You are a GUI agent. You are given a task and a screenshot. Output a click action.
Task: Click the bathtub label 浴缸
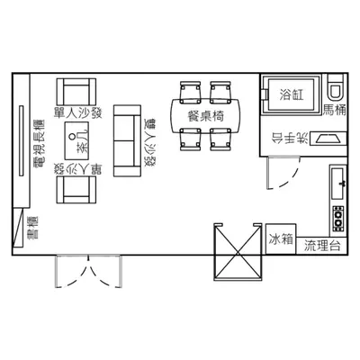pyautogui.click(x=292, y=94)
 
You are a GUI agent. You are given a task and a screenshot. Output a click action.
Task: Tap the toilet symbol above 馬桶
pyautogui.click(x=337, y=87)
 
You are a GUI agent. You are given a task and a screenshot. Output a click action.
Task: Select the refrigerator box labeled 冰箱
pyautogui.click(x=281, y=239)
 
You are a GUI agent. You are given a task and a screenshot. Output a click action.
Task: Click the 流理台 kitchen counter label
pyautogui.click(x=322, y=246)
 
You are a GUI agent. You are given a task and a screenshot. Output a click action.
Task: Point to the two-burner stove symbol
pyautogui.click(x=338, y=219)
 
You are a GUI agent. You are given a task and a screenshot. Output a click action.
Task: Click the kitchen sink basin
pyautogui.click(x=337, y=184)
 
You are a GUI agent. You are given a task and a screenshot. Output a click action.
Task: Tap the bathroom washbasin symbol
pyautogui.click(x=328, y=139)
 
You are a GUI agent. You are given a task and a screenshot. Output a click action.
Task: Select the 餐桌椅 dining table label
pyautogui.click(x=206, y=115)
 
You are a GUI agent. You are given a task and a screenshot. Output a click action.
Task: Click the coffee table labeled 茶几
pyautogui.click(x=76, y=140)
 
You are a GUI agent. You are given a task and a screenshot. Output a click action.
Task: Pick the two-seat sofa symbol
pyautogui.click(x=127, y=140)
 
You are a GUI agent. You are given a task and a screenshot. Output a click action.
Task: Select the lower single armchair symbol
pyautogui.click(x=76, y=190)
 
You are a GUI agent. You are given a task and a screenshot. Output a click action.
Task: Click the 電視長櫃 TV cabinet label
pyautogui.click(x=39, y=144)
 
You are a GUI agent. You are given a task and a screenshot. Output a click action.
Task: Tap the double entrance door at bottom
pyautogui.click(x=89, y=271)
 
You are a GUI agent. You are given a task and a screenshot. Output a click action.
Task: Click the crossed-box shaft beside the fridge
pyautogui.click(x=238, y=252)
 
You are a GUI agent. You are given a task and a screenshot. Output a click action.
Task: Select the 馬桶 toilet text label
pyautogui.click(x=335, y=110)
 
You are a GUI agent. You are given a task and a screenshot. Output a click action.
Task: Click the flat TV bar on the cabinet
pyautogui.click(x=21, y=140)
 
